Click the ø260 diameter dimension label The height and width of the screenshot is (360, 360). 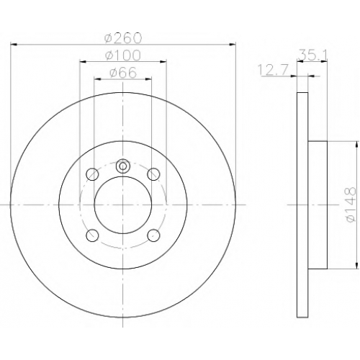(x=123, y=38)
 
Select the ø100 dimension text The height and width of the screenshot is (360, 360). (x=122, y=55)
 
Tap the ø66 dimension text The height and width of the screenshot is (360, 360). (x=123, y=73)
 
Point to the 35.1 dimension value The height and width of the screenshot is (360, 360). (x=312, y=55)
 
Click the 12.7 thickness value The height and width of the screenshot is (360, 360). (x=272, y=70)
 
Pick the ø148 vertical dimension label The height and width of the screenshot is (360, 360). (x=350, y=204)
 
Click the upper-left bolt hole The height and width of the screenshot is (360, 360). (x=92, y=174)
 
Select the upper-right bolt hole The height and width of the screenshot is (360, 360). (x=153, y=174)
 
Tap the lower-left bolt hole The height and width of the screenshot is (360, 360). (x=92, y=235)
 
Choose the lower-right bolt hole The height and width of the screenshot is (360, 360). (x=153, y=235)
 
